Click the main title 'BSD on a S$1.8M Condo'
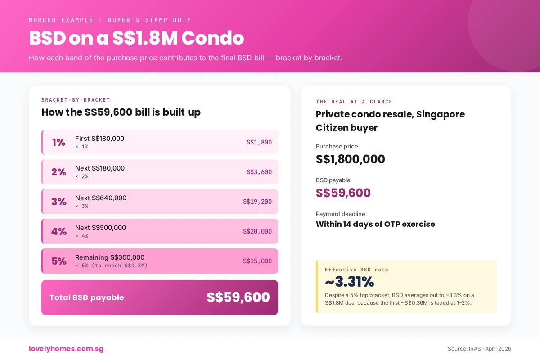pyautogui.click(x=136, y=38)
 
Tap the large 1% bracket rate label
pyautogui.click(x=58, y=142)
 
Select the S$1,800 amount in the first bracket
pyautogui.click(x=259, y=142)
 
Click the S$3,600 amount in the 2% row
pyautogui.click(x=259, y=172)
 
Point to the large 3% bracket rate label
pyautogui.click(x=58, y=202)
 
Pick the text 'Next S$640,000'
pyautogui.click(x=101, y=198)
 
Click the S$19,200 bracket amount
pyautogui.click(x=257, y=202)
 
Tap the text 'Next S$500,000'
pyautogui.click(x=101, y=228)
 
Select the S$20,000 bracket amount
pyautogui.click(x=257, y=231)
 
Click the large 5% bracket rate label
pyautogui.click(x=58, y=261)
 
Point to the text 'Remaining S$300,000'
pyautogui.click(x=110, y=257)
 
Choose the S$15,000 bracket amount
pyautogui.click(x=257, y=261)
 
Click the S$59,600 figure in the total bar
pyautogui.click(x=238, y=297)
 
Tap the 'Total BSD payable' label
pyautogui.click(x=86, y=297)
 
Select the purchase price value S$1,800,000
pyautogui.click(x=350, y=159)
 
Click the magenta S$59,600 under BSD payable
pyautogui.click(x=343, y=193)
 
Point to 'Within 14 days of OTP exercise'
pyautogui.click(x=375, y=224)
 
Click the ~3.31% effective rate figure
pyautogui.click(x=349, y=282)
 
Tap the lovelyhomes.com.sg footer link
pyautogui.click(x=66, y=349)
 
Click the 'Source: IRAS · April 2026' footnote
pyautogui.click(x=479, y=349)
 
